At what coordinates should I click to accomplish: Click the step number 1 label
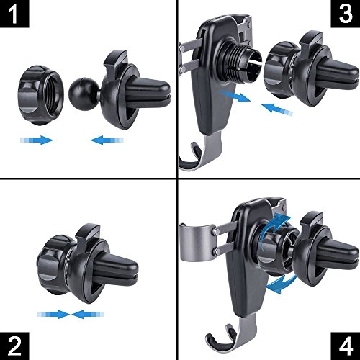[14, 14]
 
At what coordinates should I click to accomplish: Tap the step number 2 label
[14, 346]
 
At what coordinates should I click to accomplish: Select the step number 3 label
[346, 14]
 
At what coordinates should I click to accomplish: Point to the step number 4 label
[346, 346]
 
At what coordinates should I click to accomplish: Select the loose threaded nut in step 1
[41, 95]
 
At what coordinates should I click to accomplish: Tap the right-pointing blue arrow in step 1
[37, 140]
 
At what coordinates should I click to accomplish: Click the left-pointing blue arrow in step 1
[107, 140]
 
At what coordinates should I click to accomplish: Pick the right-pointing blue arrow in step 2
[53, 314]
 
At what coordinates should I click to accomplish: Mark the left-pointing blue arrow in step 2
[88, 314]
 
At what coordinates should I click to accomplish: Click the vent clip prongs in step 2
[116, 269]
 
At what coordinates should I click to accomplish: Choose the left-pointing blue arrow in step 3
[277, 109]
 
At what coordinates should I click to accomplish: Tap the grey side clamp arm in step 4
[197, 243]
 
